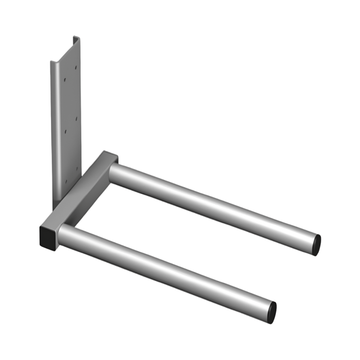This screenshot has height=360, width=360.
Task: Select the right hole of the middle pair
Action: [x=76, y=118]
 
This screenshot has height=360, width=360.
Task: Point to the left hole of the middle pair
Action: [x=65, y=132]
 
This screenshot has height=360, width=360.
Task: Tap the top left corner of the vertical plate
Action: [x=51, y=62]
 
